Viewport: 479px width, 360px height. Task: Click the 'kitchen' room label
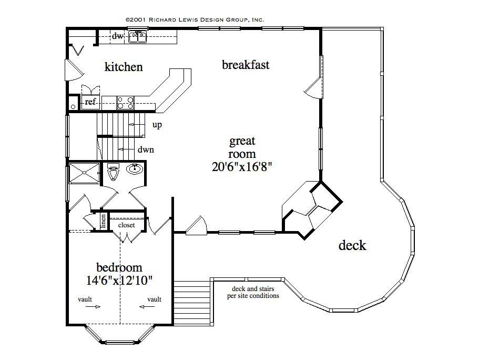pos(124,67)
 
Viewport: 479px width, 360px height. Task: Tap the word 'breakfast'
pos(246,65)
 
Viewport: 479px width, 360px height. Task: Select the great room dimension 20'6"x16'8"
pos(242,167)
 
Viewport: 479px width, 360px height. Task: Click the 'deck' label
pos(352,245)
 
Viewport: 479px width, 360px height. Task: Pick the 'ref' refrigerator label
pos(90,102)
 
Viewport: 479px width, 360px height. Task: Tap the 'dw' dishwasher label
pos(118,36)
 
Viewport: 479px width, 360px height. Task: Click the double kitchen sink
pos(138,37)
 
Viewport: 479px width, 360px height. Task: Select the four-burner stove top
pos(125,102)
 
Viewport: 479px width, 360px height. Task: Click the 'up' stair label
pos(157,125)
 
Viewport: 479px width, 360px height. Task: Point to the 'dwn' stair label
pos(146,149)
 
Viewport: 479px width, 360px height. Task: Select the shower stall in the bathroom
pos(84,173)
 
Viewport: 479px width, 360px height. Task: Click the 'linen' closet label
pos(104,221)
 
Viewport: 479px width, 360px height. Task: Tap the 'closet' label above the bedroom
pos(126,225)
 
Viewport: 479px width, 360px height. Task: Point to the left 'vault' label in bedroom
pos(85,299)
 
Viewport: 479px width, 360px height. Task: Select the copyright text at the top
pos(195,19)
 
